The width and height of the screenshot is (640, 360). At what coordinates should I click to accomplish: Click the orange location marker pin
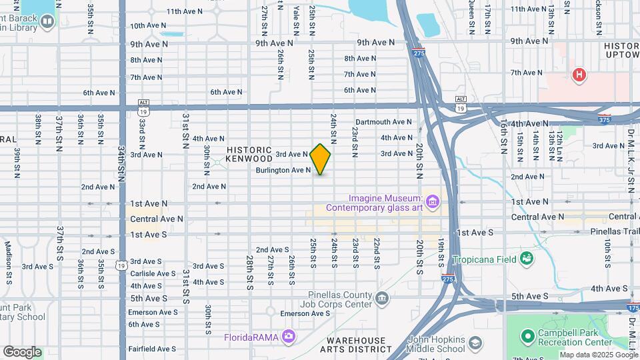tap(320, 159)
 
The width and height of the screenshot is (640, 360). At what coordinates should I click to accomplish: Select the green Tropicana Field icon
tap(527, 257)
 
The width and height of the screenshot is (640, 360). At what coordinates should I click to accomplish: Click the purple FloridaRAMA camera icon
tap(288, 337)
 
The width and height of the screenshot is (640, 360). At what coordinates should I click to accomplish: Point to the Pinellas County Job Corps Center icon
tap(382, 297)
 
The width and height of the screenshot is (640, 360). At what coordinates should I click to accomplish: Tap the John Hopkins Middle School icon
tap(475, 343)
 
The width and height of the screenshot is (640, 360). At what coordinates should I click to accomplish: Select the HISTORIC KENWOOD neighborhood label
tap(249, 155)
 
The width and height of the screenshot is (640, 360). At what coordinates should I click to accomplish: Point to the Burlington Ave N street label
tap(283, 171)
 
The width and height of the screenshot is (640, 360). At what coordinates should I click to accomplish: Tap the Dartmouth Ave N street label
tap(384, 122)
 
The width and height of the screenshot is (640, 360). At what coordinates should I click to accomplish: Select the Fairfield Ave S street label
tap(152, 349)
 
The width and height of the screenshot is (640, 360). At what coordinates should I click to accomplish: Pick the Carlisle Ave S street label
tap(153, 273)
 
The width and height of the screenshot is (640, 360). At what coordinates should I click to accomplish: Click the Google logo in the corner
tap(22, 351)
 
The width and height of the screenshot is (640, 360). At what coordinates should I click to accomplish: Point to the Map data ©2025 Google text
tap(598, 355)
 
